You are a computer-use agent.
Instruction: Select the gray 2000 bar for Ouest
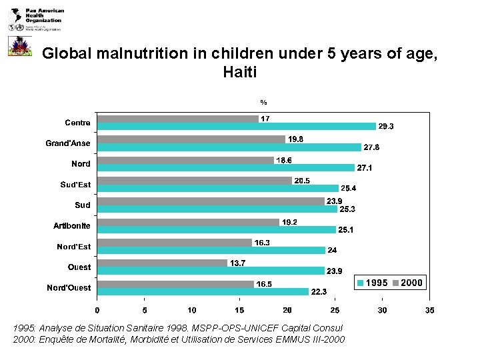pyautogui.click(x=162, y=263)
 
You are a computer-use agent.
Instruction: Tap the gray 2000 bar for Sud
pyautogui.click(x=210, y=201)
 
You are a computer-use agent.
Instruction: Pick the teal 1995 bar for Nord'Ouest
pyautogui.click(x=203, y=291)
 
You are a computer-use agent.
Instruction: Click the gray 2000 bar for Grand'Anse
pyautogui.click(x=191, y=139)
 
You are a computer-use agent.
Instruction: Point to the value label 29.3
pyautogui.click(x=387, y=126)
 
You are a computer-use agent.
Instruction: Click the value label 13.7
pyautogui.click(x=238, y=263)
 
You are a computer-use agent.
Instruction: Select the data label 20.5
pyautogui.click(x=302, y=181)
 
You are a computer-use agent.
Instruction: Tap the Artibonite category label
pyautogui.click(x=72, y=226)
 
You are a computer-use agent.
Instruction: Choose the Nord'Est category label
pyautogui.click(x=73, y=247)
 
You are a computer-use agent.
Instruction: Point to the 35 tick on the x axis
pyautogui.click(x=429, y=310)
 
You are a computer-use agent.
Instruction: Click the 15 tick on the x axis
pyautogui.click(x=239, y=310)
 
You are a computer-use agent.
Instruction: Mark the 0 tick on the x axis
pyautogui.click(x=97, y=310)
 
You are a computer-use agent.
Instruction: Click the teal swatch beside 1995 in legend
pyautogui.click(x=361, y=283)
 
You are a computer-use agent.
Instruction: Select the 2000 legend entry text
pyautogui.click(x=411, y=283)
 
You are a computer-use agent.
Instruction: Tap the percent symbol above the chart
pyautogui.click(x=263, y=103)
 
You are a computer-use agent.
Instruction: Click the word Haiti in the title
pyautogui.click(x=240, y=71)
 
